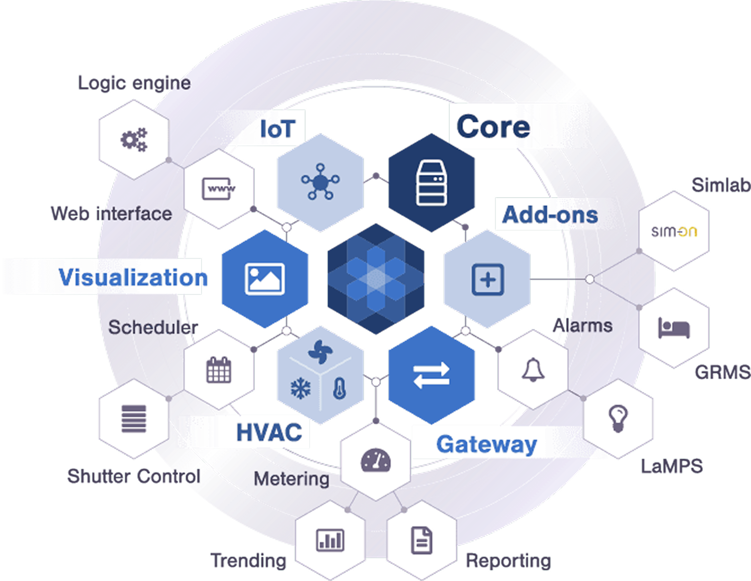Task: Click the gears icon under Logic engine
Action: pyautogui.click(x=134, y=140)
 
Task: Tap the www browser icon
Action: pyautogui.click(x=219, y=188)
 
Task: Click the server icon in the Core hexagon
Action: pyautogui.click(x=432, y=183)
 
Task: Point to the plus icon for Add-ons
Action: pyautogui.click(x=488, y=279)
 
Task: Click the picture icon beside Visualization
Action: pyautogui.click(x=264, y=279)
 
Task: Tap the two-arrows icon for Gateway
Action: pyautogui.click(x=431, y=375)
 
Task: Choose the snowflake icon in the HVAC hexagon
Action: pyautogui.click(x=301, y=388)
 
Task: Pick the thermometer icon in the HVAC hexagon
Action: pyautogui.click(x=340, y=388)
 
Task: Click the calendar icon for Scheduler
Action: pyautogui.click(x=219, y=370)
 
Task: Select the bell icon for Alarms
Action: pyautogui.click(x=533, y=370)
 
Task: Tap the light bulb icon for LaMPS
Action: pyautogui.click(x=618, y=418)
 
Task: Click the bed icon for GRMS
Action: pyautogui.click(x=674, y=328)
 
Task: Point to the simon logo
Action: pyautogui.click(x=674, y=231)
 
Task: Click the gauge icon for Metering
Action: pyautogui.click(x=375, y=460)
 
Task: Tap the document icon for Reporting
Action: pyautogui.click(x=422, y=540)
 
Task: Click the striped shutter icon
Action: pyautogui.click(x=134, y=418)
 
